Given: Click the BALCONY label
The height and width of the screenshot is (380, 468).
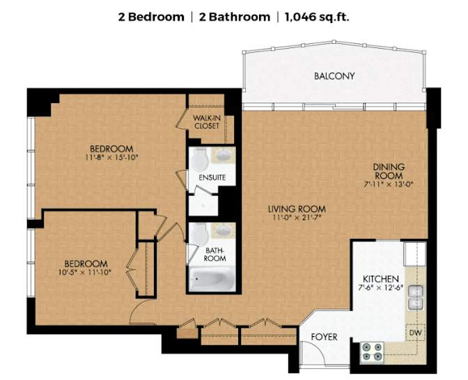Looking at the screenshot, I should tap(334, 76).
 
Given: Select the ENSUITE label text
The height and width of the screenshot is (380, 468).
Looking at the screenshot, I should tap(212, 177).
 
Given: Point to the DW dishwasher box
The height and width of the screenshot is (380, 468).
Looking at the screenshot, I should tap(414, 333).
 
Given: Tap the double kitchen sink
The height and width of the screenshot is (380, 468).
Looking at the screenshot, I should tap(416, 298).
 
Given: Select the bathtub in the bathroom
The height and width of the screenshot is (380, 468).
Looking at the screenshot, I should tap(211, 280).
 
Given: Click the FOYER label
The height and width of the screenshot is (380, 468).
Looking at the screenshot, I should tap(324, 337).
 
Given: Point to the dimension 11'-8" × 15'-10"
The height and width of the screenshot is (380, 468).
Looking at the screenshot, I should tap(111, 157).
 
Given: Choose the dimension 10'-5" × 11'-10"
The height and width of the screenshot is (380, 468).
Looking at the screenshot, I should tap(86, 273).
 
